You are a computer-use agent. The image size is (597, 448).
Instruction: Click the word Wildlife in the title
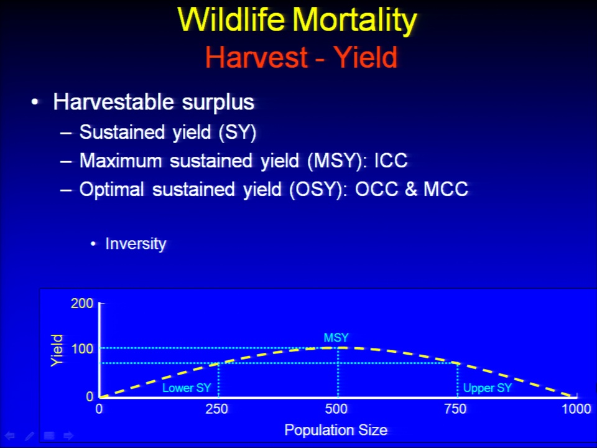point(231,19)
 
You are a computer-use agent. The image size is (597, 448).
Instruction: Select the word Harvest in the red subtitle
point(256,57)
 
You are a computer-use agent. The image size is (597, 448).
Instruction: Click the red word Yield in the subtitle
point(366,57)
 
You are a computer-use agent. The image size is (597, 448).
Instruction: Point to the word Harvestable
point(113,102)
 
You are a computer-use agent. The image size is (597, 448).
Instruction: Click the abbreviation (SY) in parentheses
point(237,133)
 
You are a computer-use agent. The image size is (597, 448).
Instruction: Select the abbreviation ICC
point(391,161)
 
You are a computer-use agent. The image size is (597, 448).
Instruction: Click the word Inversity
point(136,244)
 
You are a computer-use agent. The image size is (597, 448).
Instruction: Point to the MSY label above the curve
point(336,337)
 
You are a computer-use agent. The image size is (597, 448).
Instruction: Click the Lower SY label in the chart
point(187,388)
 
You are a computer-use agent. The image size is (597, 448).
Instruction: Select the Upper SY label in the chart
point(488,388)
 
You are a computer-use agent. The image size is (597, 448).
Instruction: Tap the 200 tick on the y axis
point(82,303)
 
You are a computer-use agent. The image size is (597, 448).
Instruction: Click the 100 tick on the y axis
point(82,348)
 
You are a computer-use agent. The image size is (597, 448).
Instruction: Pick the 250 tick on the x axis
point(216,409)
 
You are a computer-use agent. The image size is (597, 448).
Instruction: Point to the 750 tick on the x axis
point(455,409)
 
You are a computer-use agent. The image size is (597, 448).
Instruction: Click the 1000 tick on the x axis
point(576,409)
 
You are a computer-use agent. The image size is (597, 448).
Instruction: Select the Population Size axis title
point(336,430)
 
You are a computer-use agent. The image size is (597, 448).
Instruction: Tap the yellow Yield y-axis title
point(57,350)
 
